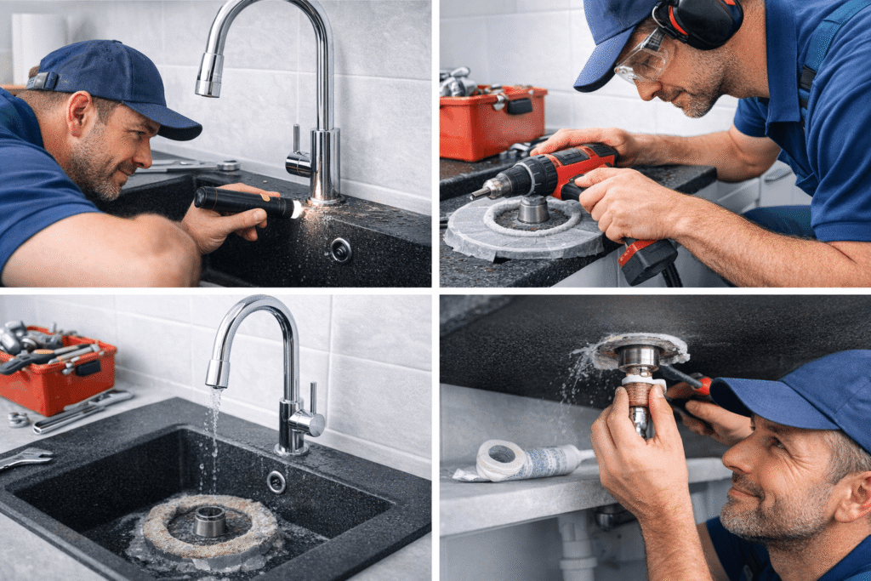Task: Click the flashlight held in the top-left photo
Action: click(242, 202)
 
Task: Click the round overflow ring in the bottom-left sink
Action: click(276, 481)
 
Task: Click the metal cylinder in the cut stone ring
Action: click(533, 209)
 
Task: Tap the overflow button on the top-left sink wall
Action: click(340, 249)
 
